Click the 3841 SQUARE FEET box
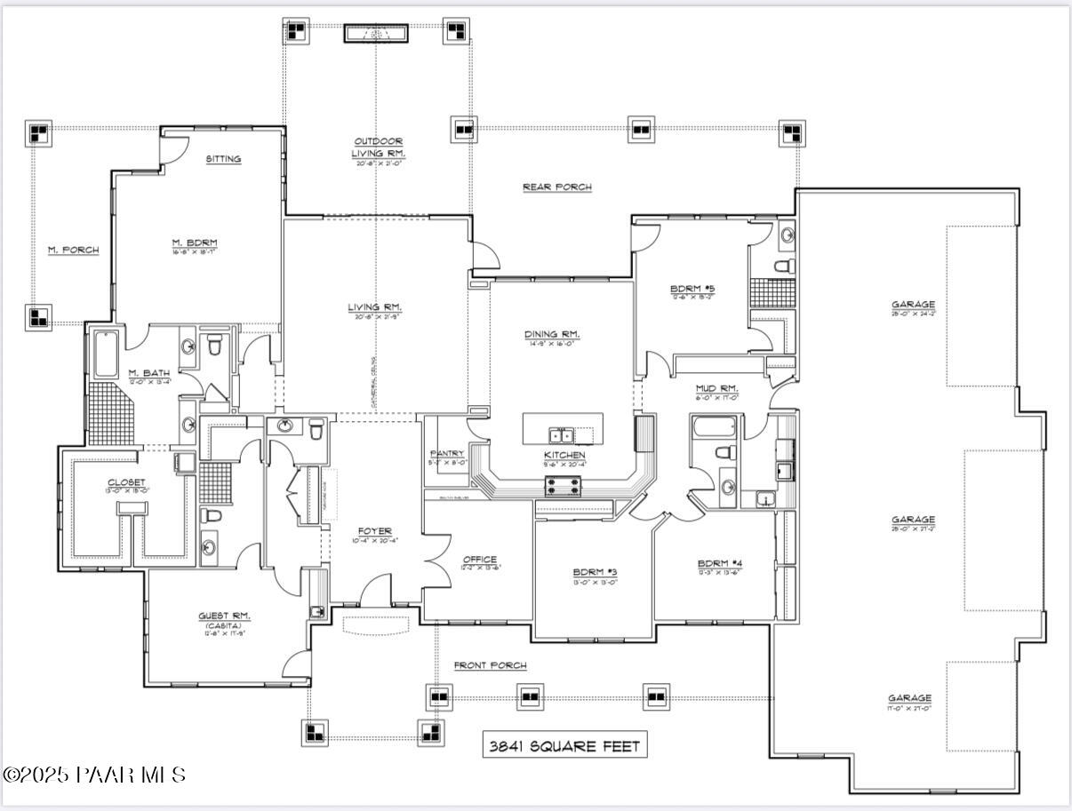click(x=564, y=746)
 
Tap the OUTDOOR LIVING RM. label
click(x=379, y=147)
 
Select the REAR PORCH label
click(x=556, y=187)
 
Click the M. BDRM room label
click(x=195, y=243)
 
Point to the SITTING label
click(x=223, y=159)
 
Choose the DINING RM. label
click(x=552, y=334)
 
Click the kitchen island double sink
click(x=561, y=434)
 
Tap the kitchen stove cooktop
click(x=564, y=486)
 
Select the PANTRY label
click(x=446, y=454)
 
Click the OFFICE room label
click(x=479, y=560)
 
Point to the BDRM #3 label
click(x=595, y=572)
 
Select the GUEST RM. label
click(x=224, y=616)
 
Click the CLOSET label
click(x=126, y=482)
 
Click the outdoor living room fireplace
click(x=376, y=34)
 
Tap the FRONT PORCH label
click(x=490, y=665)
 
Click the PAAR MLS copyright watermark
click(x=94, y=775)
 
